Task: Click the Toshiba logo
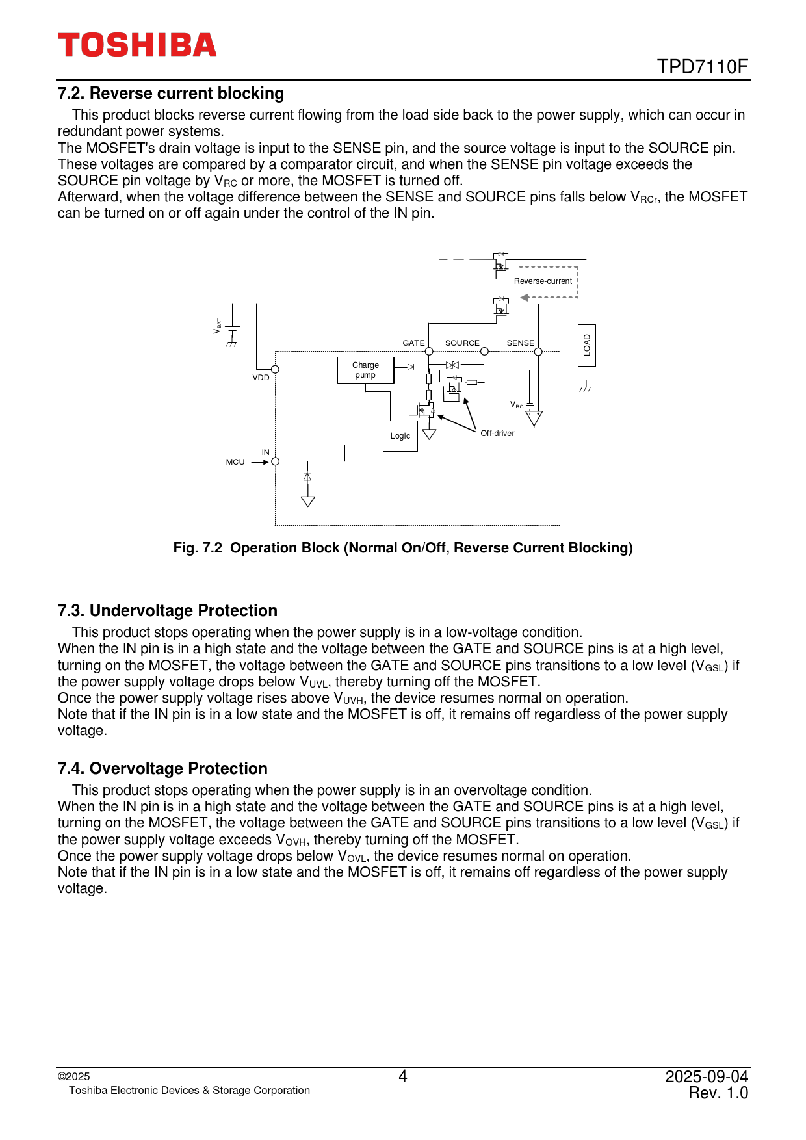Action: click(x=137, y=45)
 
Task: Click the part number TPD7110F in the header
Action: click(x=702, y=67)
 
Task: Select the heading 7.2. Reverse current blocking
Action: click(x=170, y=94)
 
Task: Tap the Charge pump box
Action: click(x=365, y=370)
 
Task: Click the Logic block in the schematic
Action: click(x=400, y=435)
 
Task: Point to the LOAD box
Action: click(x=586, y=345)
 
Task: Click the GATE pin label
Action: click(x=413, y=343)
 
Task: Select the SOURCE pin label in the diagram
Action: click(x=462, y=343)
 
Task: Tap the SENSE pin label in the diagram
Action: click(x=520, y=343)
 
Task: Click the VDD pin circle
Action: click(x=275, y=369)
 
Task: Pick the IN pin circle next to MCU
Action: click(x=275, y=461)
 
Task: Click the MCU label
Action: click(x=235, y=462)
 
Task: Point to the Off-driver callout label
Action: click(x=497, y=433)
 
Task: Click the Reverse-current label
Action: click(x=543, y=281)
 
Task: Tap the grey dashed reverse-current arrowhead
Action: click(x=524, y=298)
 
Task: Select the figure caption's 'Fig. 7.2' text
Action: click(x=198, y=548)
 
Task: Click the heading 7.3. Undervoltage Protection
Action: click(x=167, y=611)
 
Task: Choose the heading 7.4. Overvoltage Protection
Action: click(x=162, y=769)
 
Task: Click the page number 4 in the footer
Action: click(x=402, y=1076)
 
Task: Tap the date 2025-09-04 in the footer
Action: click(x=706, y=1076)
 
